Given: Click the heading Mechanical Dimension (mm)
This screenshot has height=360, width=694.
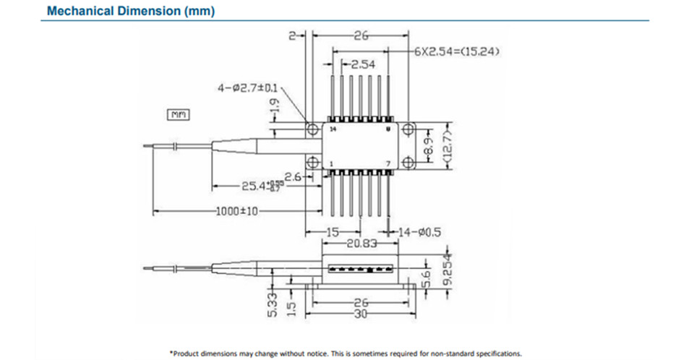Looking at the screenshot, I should (x=130, y=12).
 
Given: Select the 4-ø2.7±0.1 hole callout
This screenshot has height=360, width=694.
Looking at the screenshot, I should (x=249, y=88).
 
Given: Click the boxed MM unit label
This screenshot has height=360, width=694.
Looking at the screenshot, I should (x=177, y=113).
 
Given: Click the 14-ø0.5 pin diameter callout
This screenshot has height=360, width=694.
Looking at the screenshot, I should (x=421, y=231).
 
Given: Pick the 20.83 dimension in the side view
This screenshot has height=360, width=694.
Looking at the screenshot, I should (x=360, y=244).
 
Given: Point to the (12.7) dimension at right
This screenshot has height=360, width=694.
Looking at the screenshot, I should (x=447, y=147).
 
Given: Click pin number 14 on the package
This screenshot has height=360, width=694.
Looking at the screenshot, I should (x=333, y=129).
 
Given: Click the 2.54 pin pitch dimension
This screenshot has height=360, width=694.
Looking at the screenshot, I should (x=367, y=64).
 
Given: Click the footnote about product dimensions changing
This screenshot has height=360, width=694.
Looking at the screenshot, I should (x=346, y=353).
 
